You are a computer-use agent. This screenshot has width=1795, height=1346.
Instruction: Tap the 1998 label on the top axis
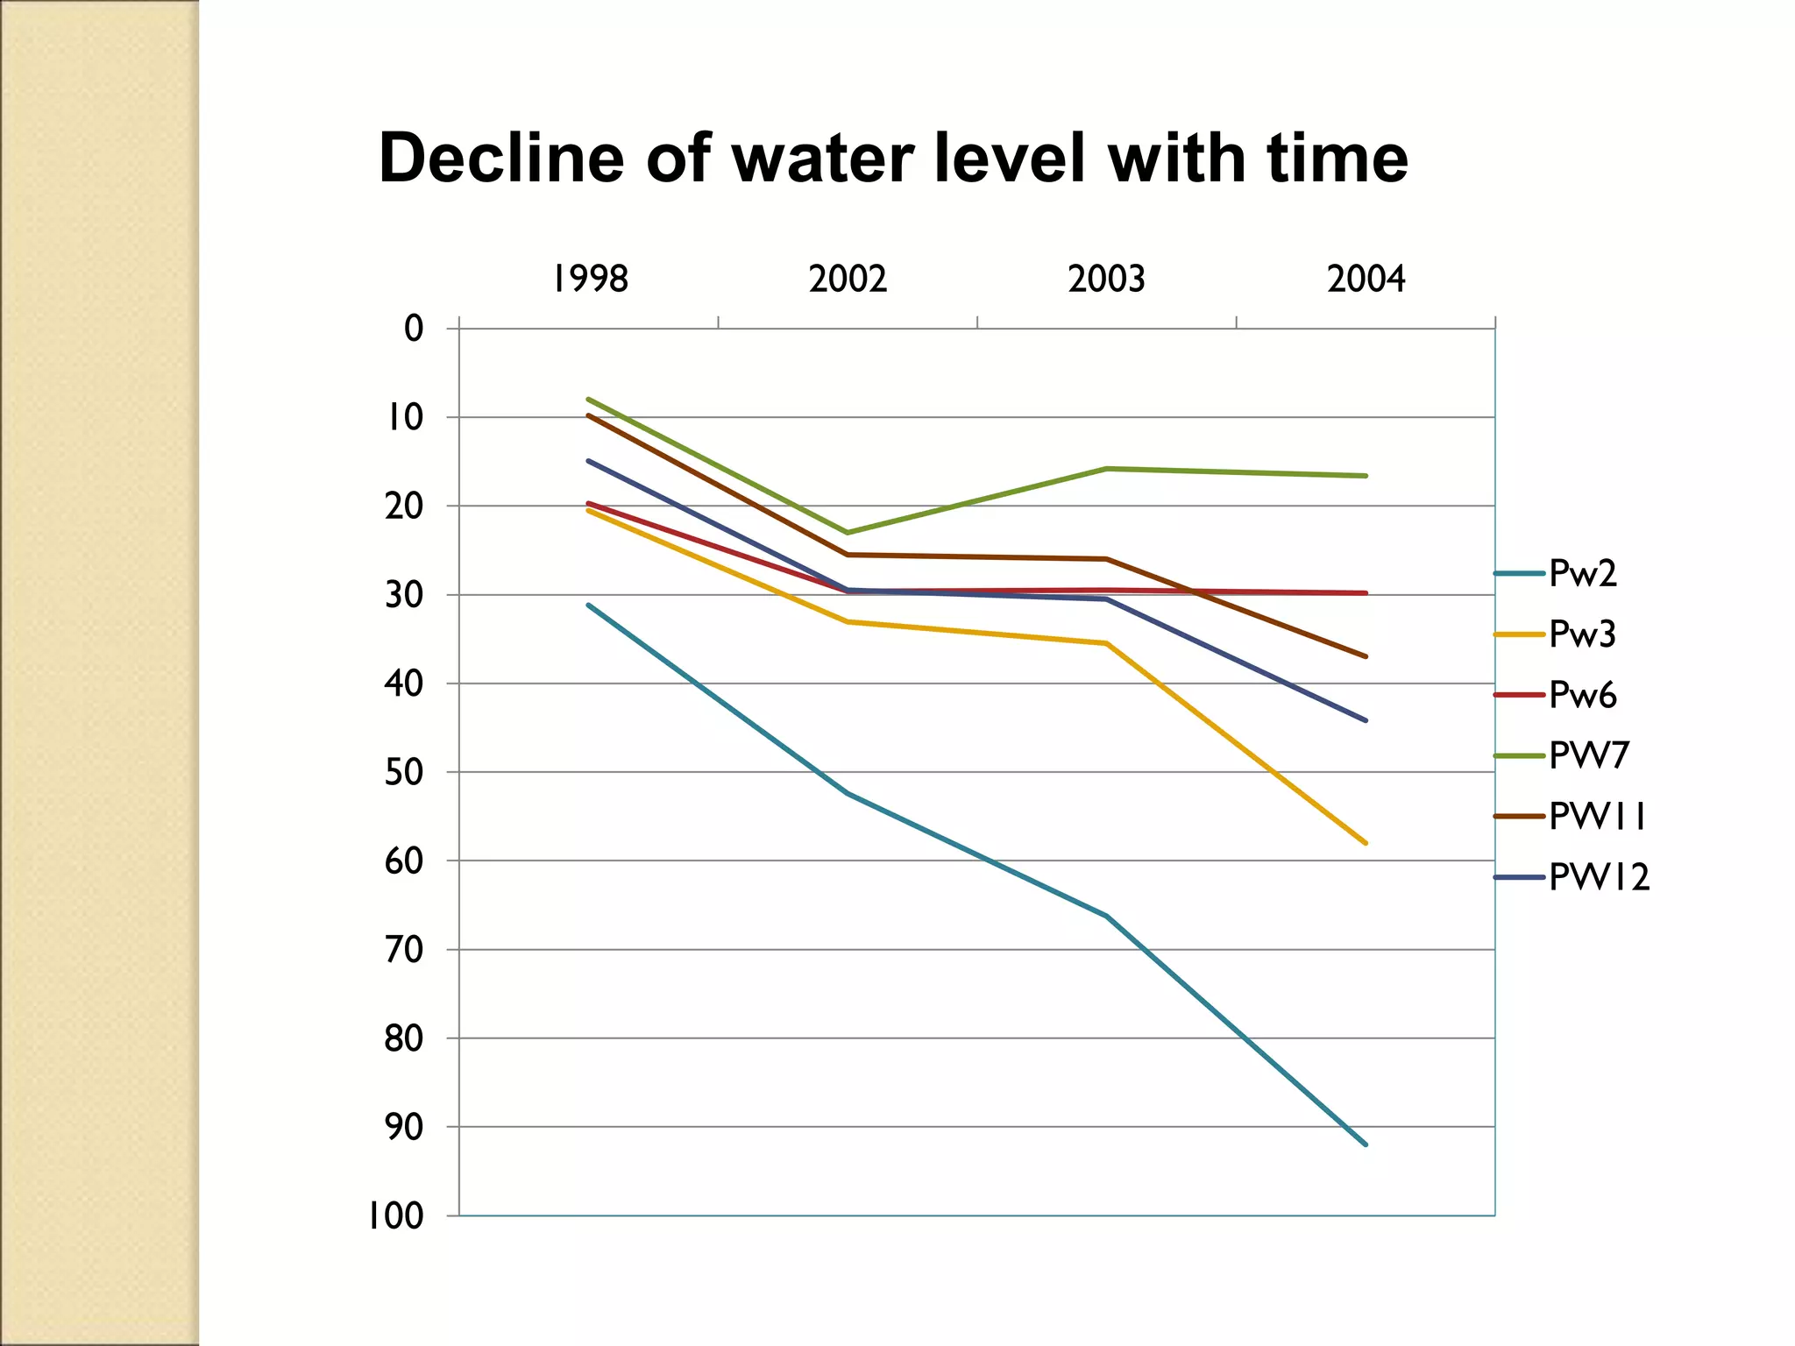[590, 280]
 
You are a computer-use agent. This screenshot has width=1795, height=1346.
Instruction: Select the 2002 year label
[848, 280]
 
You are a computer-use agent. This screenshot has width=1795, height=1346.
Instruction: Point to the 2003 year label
[1106, 280]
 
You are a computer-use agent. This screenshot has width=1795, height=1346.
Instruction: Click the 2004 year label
[1366, 280]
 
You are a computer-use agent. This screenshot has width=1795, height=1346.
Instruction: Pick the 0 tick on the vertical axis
[414, 329]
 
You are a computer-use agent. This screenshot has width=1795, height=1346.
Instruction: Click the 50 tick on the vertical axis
[404, 772]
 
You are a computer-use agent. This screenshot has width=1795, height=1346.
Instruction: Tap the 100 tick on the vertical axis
[395, 1216]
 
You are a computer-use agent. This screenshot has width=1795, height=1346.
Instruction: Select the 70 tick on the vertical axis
[404, 950]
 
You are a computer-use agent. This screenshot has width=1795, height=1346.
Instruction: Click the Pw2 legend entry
[1582, 574]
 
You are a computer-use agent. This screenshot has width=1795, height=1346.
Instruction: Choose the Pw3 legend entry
[1582, 634]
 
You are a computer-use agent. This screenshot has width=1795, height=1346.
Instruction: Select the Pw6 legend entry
[1582, 695]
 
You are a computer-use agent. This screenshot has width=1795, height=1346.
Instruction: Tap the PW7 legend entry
[1588, 755]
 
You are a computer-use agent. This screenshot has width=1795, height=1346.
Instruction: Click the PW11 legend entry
[1598, 817]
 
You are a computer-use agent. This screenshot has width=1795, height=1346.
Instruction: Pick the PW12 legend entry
[1599, 877]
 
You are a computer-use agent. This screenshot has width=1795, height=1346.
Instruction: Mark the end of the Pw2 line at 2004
[1366, 1144]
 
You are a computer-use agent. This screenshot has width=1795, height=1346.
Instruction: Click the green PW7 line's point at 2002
[848, 533]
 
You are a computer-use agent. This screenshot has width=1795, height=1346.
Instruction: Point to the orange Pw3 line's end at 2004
[1366, 843]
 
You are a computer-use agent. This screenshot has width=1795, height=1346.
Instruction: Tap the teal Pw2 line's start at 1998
[589, 605]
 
